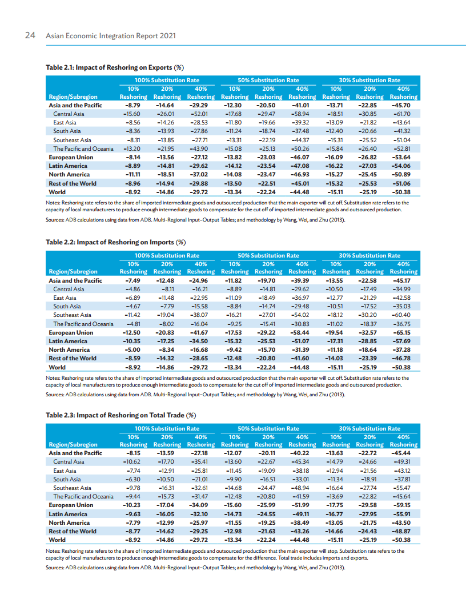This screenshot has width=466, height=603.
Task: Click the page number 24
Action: (x=30, y=35)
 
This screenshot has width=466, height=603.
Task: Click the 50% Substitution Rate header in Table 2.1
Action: (x=268, y=81)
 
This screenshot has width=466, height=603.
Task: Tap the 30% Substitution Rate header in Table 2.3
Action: (x=369, y=428)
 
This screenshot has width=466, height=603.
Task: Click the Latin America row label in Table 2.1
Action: (x=68, y=166)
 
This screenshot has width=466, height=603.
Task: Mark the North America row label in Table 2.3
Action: (x=69, y=522)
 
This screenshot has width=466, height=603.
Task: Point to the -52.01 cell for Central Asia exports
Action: (x=200, y=114)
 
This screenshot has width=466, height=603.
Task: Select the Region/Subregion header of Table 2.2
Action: (x=73, y=271)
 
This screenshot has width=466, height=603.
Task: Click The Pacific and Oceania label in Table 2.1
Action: (x=83, y=148)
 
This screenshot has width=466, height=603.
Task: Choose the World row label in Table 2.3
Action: (x=57, y=540)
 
